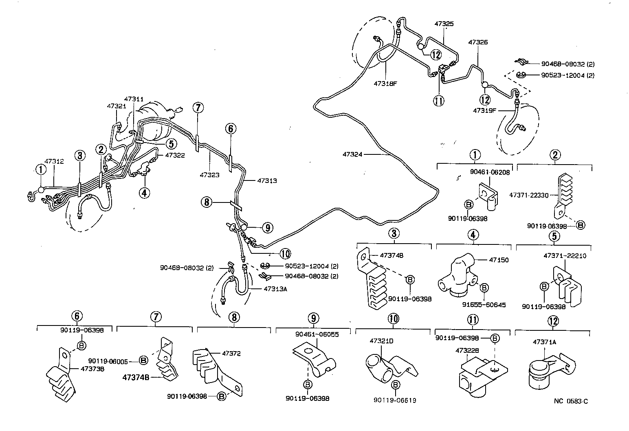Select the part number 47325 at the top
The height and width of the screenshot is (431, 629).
[444, 24]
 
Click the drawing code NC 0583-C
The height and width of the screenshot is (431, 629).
[570, 401]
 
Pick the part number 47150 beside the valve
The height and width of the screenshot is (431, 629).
[498, 260]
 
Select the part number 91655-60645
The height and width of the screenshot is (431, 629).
[484, 305]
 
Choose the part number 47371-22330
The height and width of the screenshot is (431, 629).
[529, 195]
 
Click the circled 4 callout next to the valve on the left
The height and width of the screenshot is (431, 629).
[144, 192]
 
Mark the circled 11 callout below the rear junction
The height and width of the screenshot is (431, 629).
[439, 100]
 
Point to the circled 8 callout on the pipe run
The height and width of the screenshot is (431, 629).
[207, 202]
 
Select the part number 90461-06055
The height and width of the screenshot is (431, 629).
[317, 334]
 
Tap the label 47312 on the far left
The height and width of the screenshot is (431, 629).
[54, 161]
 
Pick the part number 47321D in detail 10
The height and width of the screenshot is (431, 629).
[381, 341]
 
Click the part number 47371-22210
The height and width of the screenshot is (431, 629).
[565, 256]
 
